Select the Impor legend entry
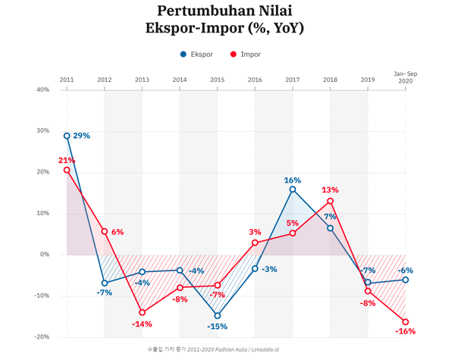click(x=245, y=55)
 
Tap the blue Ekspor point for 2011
click(x=67, y=136)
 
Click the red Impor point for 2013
click(x=142, y=312)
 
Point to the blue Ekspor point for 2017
click(x=293, y=189)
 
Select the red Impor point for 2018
click(x=330, y=201)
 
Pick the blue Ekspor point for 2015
click(x=218, y=315)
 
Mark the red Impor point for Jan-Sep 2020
click(x=406, y=321)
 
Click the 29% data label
click(x=82, y=136)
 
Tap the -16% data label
click(x=406, y=332)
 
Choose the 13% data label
click(x=330, y=190)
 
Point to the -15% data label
click(x=217, y=327)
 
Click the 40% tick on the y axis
click(x=42, y=89)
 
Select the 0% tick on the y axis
click(x=45, y=255)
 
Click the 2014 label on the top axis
click(x=180, y=80)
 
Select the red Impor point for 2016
click(x=255, y=243)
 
